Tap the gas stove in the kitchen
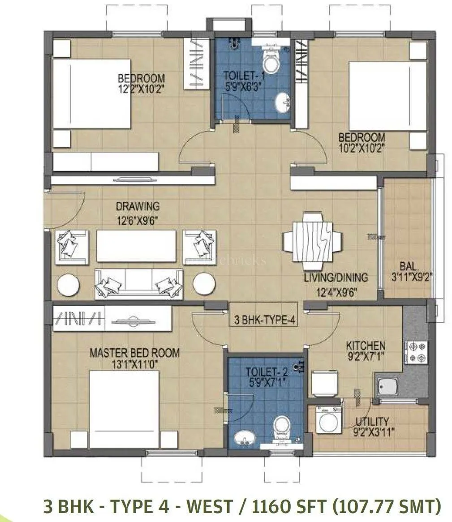coord(416,351)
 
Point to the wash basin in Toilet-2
coord(243,437)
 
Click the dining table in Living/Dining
coord(312,238)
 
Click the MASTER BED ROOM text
coord(134,352)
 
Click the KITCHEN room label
coord(366,346)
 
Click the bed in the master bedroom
coord(124,409)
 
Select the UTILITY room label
coord(372,421)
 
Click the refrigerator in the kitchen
coord(324,383)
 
